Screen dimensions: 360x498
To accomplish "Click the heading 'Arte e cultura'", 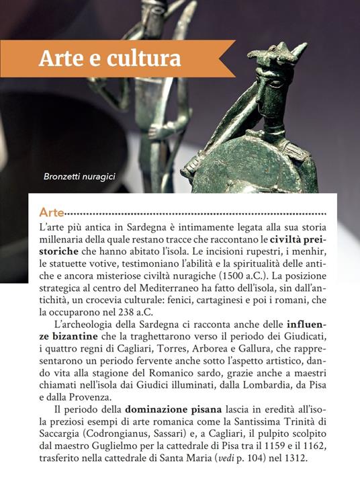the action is pyautogui.click(x=109, y=58).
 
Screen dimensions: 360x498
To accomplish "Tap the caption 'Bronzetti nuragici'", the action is pyautogui.click(x=79, y=177).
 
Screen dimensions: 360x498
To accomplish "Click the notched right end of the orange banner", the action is pyautogui.click(x=228, y=58).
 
